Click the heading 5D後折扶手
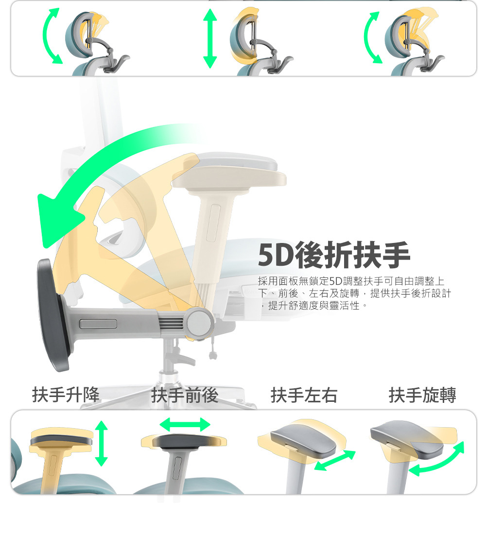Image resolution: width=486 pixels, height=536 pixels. pyautogui.click(x=333, y=255)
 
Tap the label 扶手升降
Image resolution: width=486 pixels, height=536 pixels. pyautogui.click(x=66, y=395)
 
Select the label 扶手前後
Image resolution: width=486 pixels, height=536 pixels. pyautogui.click(x=185, y=395)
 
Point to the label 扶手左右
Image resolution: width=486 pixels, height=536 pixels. pyautogui.click(x=304, y=395)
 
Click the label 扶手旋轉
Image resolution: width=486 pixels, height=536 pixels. pyautogui.click(x=422, y=395)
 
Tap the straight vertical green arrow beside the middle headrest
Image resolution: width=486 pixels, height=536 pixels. pyautogui.click(x=210, y=38)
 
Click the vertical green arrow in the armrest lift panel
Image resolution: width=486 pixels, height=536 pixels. pyautogui.click(x=101, y=443)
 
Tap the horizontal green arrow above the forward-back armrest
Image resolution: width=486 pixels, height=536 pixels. pyautogui.click(x=185, y=425)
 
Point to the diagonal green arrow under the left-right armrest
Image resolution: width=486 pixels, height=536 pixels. pyautogui.click(x=335, y=460)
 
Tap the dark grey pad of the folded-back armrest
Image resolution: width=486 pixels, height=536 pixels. pyautogui.click(x=53, y=314)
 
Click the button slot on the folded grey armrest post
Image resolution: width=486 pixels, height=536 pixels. pyautogui.click(x=98, y=324)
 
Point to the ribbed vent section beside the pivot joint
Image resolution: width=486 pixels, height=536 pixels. pyautogui.click(x=171, y=323)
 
